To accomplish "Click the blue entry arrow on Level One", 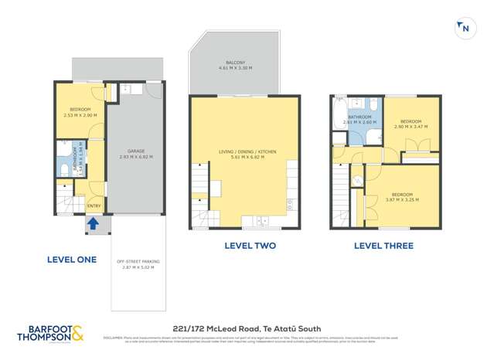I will tap(94, 225).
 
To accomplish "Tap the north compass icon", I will tap(464, 28).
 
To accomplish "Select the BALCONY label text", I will tap(236, 62).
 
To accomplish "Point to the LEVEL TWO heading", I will tap(250, 246).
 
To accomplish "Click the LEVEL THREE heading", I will tap(383, 246).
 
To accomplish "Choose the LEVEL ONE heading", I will tap(72, 260).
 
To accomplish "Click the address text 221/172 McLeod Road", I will tap(247, 328).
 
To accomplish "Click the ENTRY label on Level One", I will tap(94, 205).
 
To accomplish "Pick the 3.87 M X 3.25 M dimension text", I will tap(401, 199).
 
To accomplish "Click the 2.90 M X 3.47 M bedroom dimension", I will tap(411, 126).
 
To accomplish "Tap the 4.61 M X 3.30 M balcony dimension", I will tap(236, 68).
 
